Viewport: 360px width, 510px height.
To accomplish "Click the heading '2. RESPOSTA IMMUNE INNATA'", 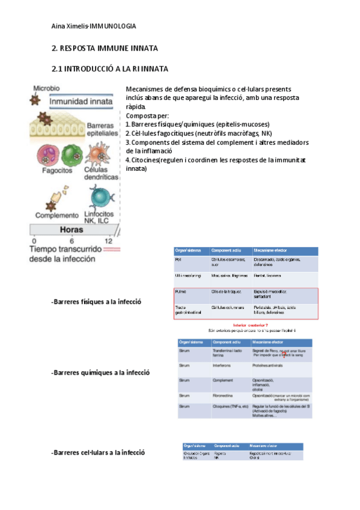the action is pyautogui.click(x=104, y=48).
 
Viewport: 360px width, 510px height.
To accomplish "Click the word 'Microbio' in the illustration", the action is pyautogui.click(x=46, y=88).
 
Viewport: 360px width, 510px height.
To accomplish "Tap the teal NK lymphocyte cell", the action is pyautogui.click(x=99, y=197).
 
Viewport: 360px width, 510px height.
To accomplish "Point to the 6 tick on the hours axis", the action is pyautogui.click(x=72, y=241).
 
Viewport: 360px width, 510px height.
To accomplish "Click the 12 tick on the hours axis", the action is pyautogui.click(x=108, y=241).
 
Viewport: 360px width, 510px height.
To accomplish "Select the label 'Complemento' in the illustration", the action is pyautogui.click(x=56, y=215).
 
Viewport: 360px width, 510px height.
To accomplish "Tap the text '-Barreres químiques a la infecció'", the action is pyautogui.click(x=100, y=373).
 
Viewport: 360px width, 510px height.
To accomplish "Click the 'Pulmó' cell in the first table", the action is pyautogui.click(x=180, y=292).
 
